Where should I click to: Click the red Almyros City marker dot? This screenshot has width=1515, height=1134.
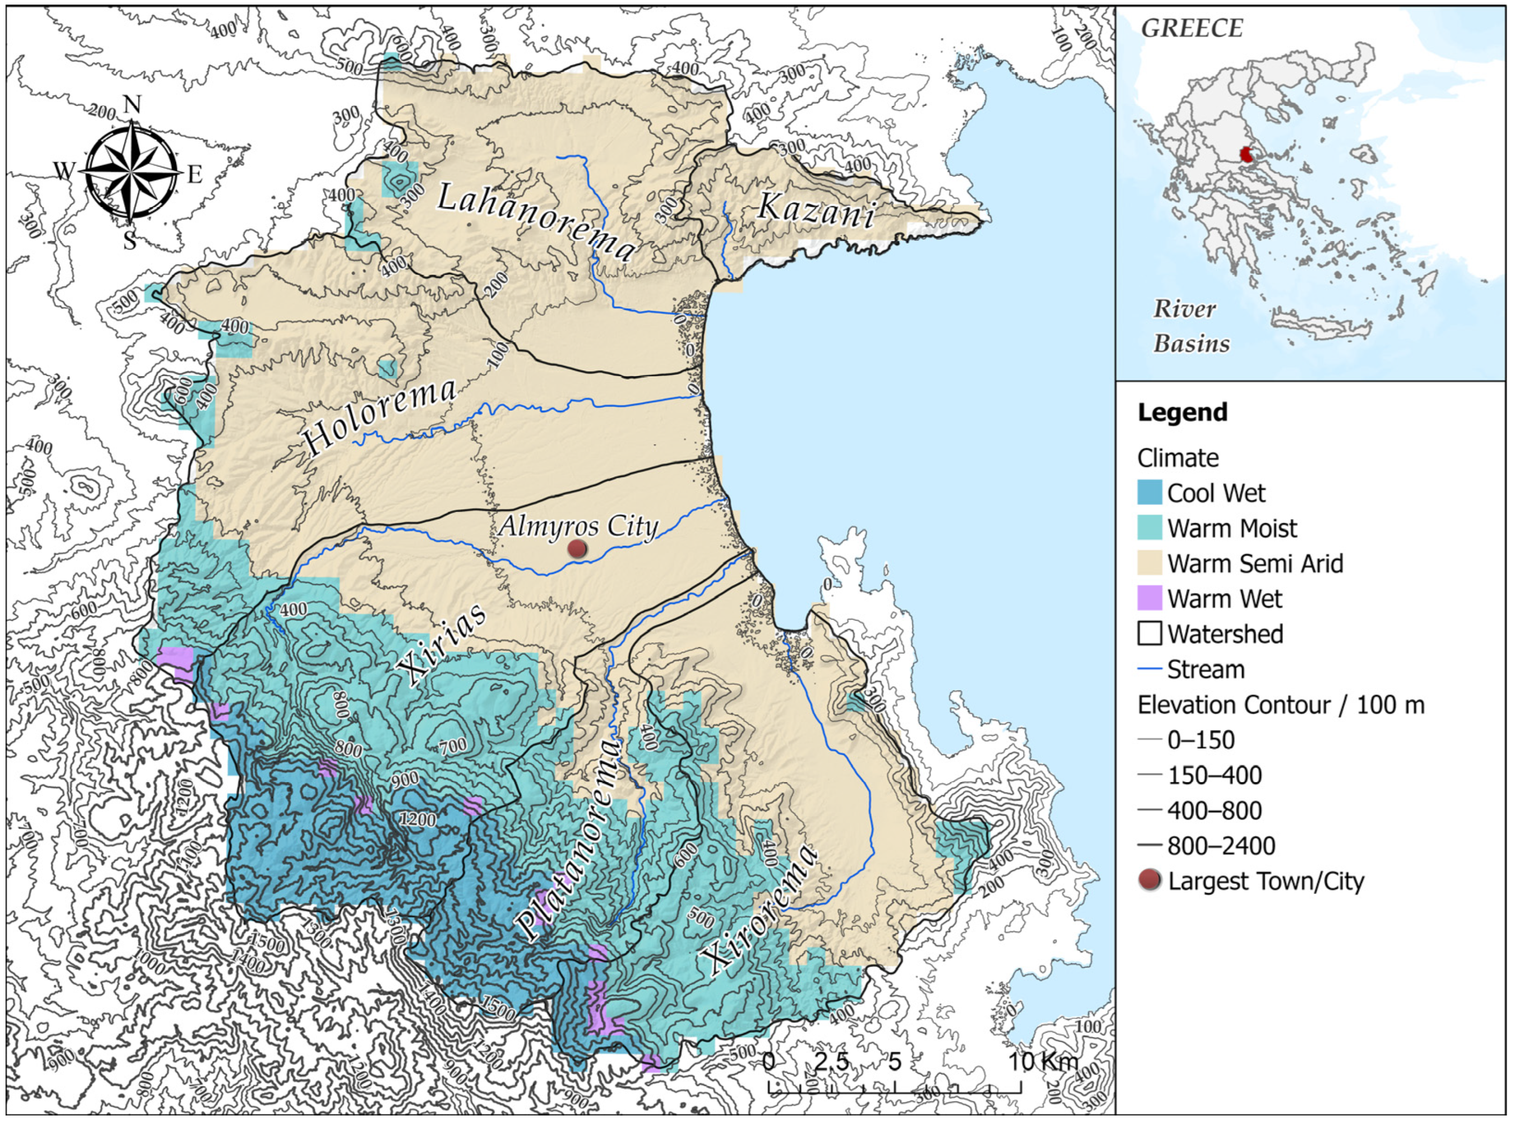click(578, 549)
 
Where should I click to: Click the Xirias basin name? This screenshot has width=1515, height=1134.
click(445, 644)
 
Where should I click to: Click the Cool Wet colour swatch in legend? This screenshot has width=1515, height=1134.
click(1150, 493)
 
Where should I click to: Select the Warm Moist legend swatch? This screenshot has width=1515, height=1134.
click(1150, 528)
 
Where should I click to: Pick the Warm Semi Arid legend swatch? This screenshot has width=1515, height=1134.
click(1150, 564)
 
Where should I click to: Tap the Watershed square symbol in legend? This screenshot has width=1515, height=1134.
click(1150, 634)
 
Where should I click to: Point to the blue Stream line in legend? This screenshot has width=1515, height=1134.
click(1150, 669)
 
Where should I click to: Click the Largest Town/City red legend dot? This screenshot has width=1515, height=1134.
click(1150, 880)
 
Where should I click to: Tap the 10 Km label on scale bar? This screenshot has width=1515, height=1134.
click(1042, 1061)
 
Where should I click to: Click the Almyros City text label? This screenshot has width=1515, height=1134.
click(579, 526)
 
